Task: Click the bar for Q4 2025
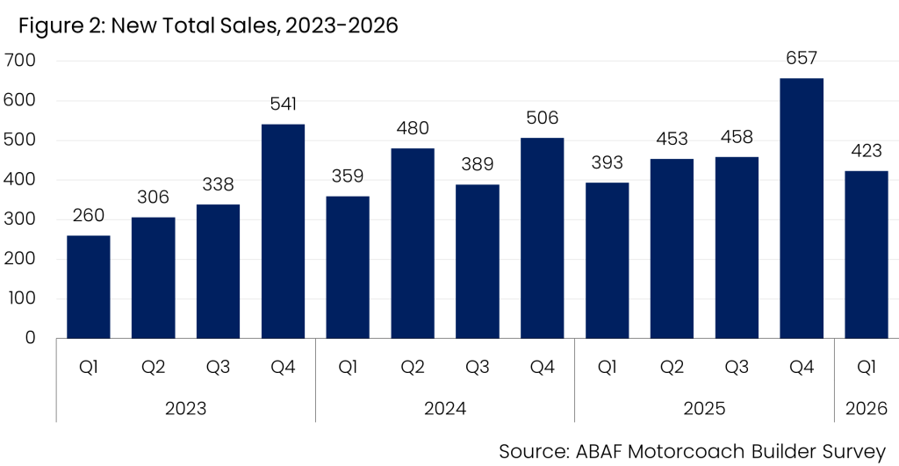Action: (801, 208)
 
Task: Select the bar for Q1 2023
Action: (89, 287)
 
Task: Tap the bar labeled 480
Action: (413, 243)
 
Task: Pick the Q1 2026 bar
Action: (866, 255)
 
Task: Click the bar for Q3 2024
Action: (477, 262)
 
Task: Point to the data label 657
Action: (801, 58)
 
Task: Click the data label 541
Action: (284, 104)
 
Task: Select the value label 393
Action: (607, 162)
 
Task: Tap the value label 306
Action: (153, 197)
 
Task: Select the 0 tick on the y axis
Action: (30, 338)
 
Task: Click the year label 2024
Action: (445, 409)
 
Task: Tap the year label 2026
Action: (867, 409)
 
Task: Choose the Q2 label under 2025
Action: (672, 367)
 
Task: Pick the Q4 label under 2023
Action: (283, 367)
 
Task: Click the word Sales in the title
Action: (249, 25)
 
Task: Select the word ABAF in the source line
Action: (599, 452)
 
